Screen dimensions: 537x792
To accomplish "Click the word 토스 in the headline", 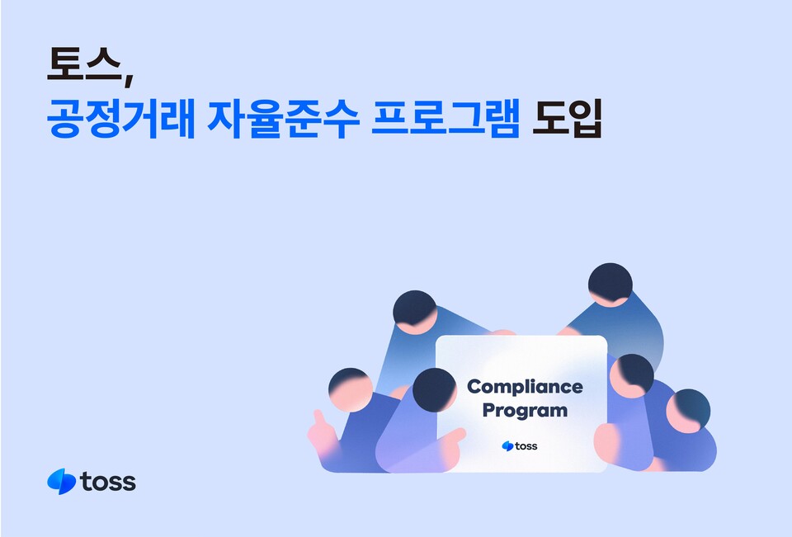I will click(x=82, y=66).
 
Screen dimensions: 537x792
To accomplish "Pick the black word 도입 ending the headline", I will click(x=568, y=120).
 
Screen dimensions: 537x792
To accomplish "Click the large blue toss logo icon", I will click(x=62, y=481).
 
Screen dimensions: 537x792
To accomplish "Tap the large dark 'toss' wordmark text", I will click(x=109, y=482).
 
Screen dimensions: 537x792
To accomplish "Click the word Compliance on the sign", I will click(x=525, y=387).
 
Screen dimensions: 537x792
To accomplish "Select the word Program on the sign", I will click(x=525, y=410).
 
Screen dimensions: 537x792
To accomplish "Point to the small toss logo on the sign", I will click(x=520, y=446).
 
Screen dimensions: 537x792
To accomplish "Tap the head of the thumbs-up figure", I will click(x=350, y=388).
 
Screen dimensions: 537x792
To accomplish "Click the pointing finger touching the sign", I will click(x=451, y=438).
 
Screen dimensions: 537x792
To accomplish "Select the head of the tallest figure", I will click(x=610, y=285).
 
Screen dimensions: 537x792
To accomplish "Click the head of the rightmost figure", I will click(x=688, y=409).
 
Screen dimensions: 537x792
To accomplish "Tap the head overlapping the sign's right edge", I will click(x=632, y=375).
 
